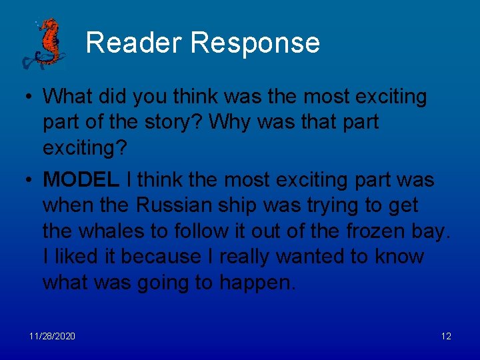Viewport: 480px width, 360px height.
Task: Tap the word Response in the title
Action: coord(255,43)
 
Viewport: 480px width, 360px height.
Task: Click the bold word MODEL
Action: coord(81,179)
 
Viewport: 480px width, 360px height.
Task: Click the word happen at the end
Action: coord(254,283)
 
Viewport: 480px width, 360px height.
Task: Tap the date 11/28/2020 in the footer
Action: coord(51,336)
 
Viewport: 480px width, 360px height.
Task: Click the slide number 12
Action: coord(446,336)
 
